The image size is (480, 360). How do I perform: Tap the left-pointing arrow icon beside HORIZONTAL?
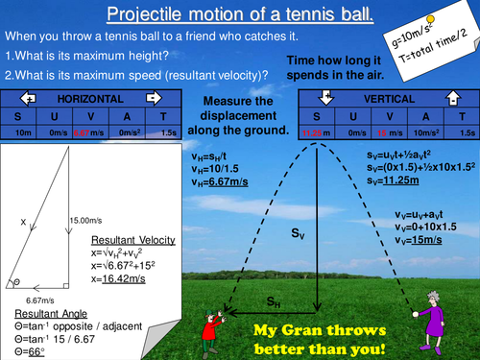click(x=29, y=99)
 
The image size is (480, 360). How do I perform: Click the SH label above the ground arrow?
click(x=276, y=301)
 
